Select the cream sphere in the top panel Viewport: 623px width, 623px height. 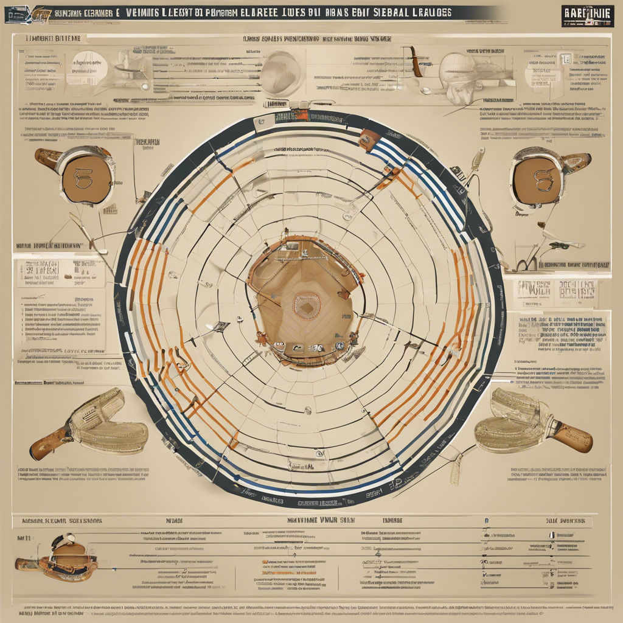pos(280,73)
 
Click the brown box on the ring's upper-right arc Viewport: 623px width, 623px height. pos(369,140)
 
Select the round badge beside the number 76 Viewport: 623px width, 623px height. pos(338,346)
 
